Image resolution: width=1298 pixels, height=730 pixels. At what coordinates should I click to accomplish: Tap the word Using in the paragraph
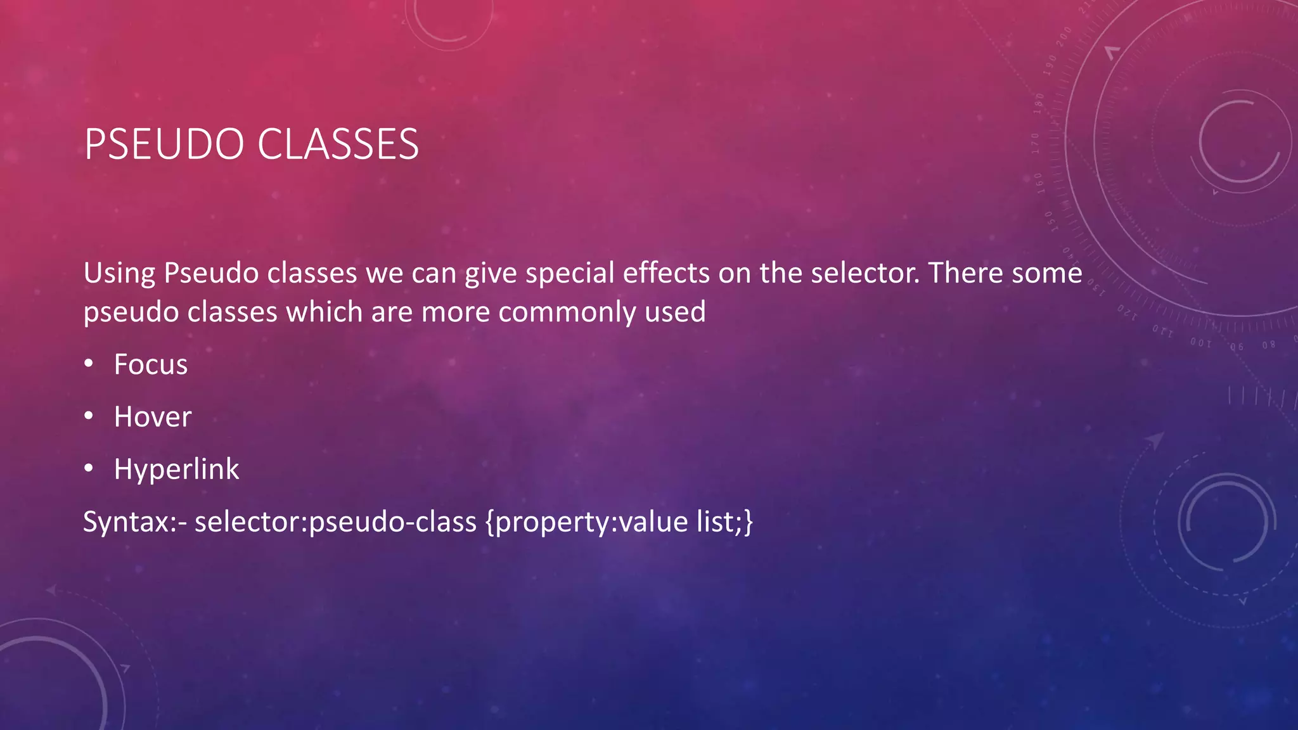pyautogui.click(x=119, y=274)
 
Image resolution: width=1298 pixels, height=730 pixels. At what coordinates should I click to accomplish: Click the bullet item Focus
pyautogui.click(x=151, y=364)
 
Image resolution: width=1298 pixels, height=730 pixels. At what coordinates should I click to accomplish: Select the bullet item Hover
pyautogui.click(x=152, y=417)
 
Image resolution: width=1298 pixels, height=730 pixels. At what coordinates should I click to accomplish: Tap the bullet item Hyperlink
pyautogui.click(x=176, y=470)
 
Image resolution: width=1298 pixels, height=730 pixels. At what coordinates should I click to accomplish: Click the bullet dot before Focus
pyautogui.click(x=89, y=363)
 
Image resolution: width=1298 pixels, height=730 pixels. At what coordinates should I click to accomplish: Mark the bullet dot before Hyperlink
pyautogui.click(x=89, y=468)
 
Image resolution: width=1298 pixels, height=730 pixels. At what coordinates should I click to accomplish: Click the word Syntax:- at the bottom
pyautogui.click(x=135, y=522)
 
